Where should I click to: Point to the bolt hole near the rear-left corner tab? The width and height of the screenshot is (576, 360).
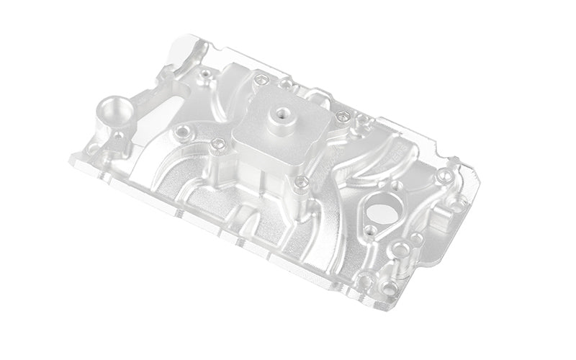pyautogui.click(x=206, y=73)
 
